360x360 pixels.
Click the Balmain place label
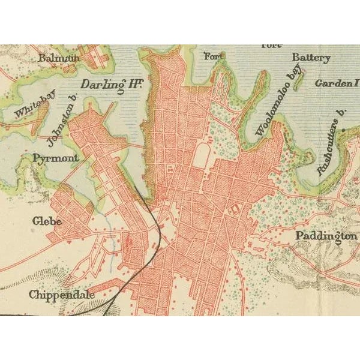tap(59, 58)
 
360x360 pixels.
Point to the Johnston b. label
tap(62, 124)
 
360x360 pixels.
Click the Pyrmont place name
tap(56, 158)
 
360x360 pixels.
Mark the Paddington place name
tap(326, 236)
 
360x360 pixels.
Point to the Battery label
tap(311, 58)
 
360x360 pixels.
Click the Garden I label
tap(337, 83)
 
